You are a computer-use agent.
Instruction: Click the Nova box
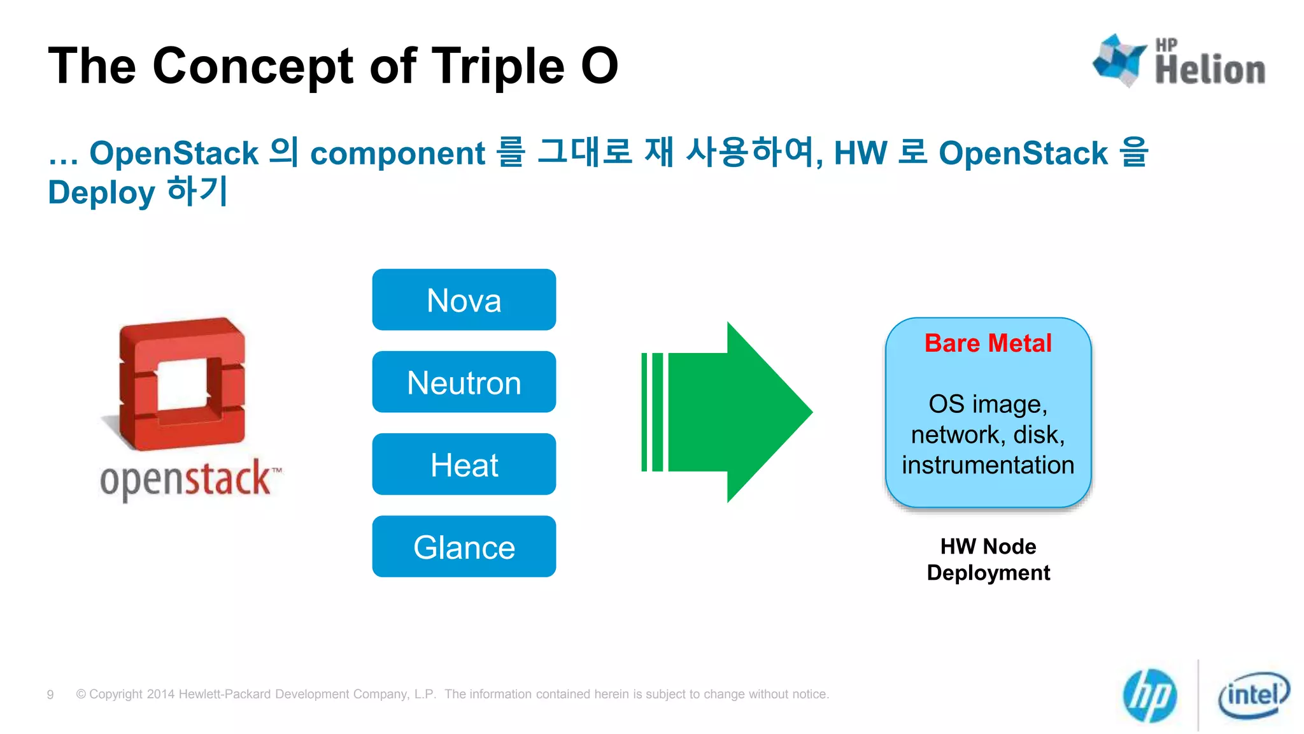(464, 299)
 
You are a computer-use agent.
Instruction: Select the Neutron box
(464, 382)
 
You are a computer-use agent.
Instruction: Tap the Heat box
(464, 464)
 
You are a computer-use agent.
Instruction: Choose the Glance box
(464, 547)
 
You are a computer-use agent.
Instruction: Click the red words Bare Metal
(988, 343)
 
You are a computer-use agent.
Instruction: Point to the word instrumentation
(988, 465)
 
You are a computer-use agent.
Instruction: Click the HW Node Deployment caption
(988, 559)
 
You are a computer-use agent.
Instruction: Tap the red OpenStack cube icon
(182, 384)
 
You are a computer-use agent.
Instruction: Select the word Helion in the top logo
(1210, 70)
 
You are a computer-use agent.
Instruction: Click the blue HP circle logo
(1150, 695)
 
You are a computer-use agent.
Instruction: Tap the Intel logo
(1253, 695)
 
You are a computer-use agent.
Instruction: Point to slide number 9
(50, 694)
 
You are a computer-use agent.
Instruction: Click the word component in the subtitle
(397, 154)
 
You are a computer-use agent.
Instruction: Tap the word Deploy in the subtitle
(101, 192)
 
